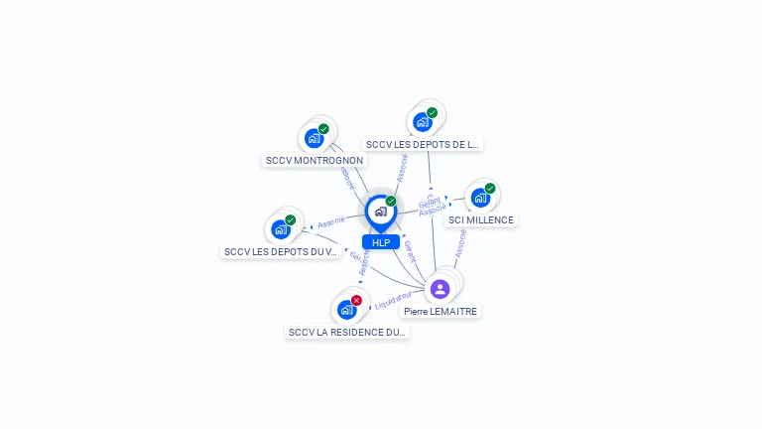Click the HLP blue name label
click(381, 242)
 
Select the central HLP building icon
click(380, 212)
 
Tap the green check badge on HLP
click(391, 202)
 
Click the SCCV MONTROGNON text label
click(315, 160)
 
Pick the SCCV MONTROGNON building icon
click(315, 138)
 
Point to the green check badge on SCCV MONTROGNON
click(323, 129)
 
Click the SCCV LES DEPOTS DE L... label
click(423, 144)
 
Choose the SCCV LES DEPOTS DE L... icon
click(423, 122)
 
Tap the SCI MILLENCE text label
click(481, 219)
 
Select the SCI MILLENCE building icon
click(480, 198)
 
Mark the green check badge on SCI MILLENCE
click(490, 189)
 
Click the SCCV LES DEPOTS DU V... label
click(281, 251)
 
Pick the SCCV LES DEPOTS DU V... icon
click(281, 229)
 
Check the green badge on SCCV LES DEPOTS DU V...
click(291, 220)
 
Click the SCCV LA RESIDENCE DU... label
click(346, 332)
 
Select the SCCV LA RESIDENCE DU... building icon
click(346, 309)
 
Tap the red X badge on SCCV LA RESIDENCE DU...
click(356, 300)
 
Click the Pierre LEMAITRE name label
click(441, 311)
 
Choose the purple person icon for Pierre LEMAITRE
click(441, 289)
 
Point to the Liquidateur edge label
click(393, 299)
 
